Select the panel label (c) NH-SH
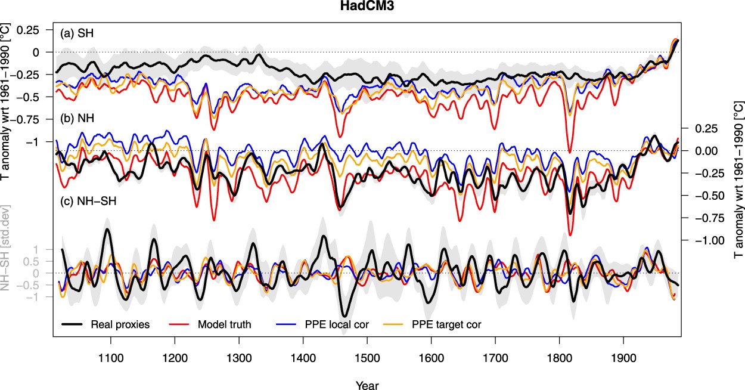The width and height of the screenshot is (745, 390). [x=89, y=200]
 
